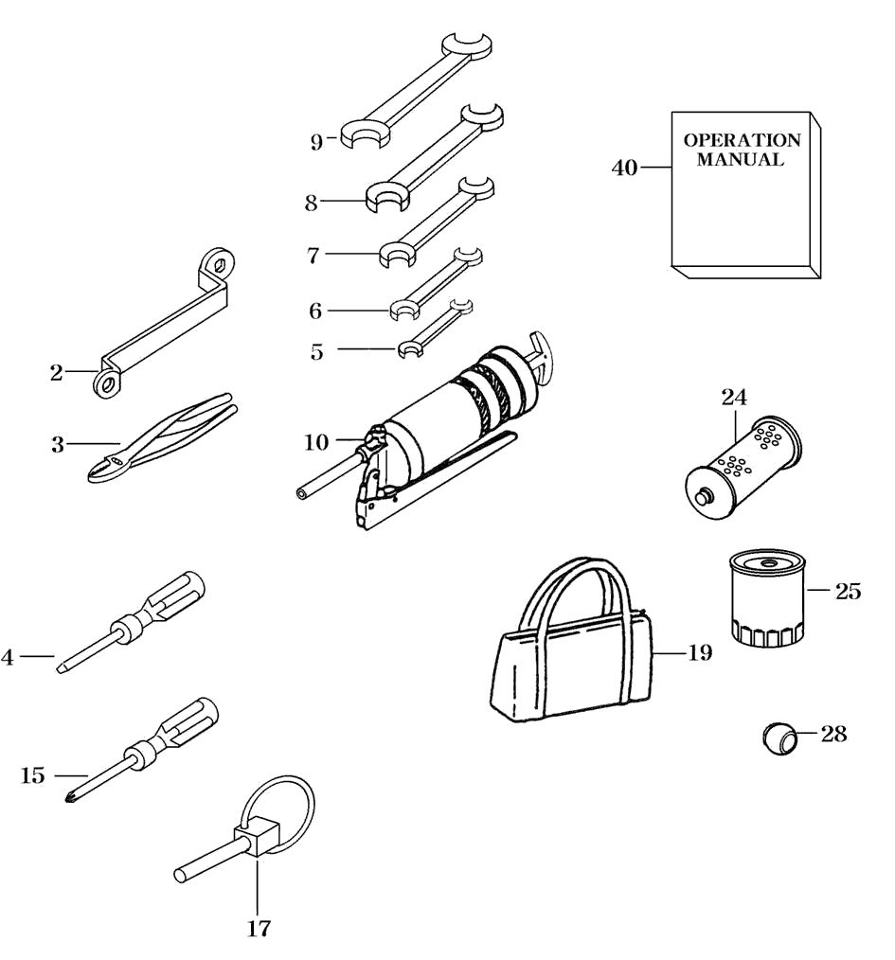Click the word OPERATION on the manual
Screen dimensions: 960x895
(742, 140)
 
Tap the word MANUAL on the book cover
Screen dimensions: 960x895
(741, 160)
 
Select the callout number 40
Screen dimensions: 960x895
(624, 168)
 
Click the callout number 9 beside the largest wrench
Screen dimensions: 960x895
(317, 143)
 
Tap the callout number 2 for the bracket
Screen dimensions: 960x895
(57, 373)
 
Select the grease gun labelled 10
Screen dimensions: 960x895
(445, 426)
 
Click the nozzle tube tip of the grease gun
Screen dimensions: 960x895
(301, 492)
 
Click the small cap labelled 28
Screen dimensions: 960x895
(779, 737)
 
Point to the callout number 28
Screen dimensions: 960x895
(833, 734)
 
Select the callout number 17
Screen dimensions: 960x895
(259, 928)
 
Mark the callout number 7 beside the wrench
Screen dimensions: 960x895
(314, 255)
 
